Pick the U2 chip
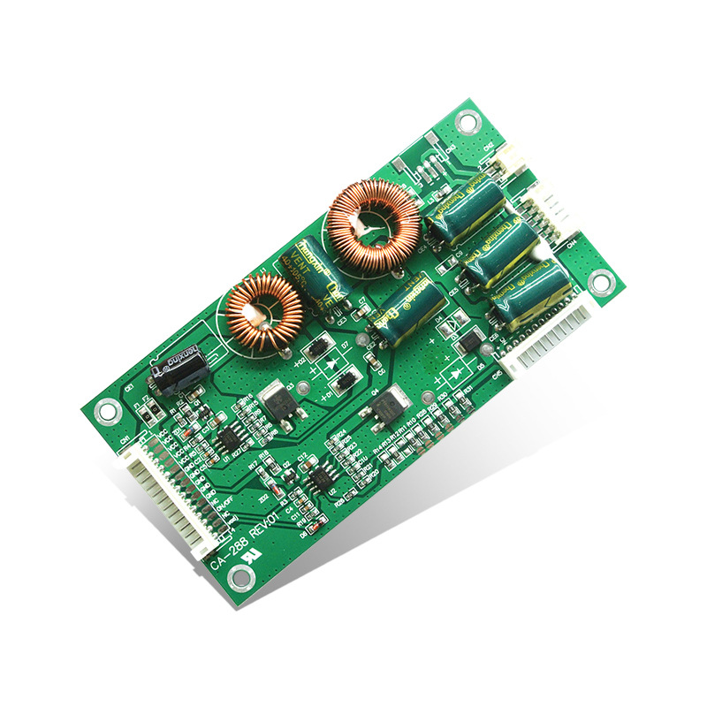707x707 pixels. tap(318, 483)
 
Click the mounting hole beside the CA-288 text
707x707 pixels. tap(237, 578)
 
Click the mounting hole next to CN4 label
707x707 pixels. tap(602, 282)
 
